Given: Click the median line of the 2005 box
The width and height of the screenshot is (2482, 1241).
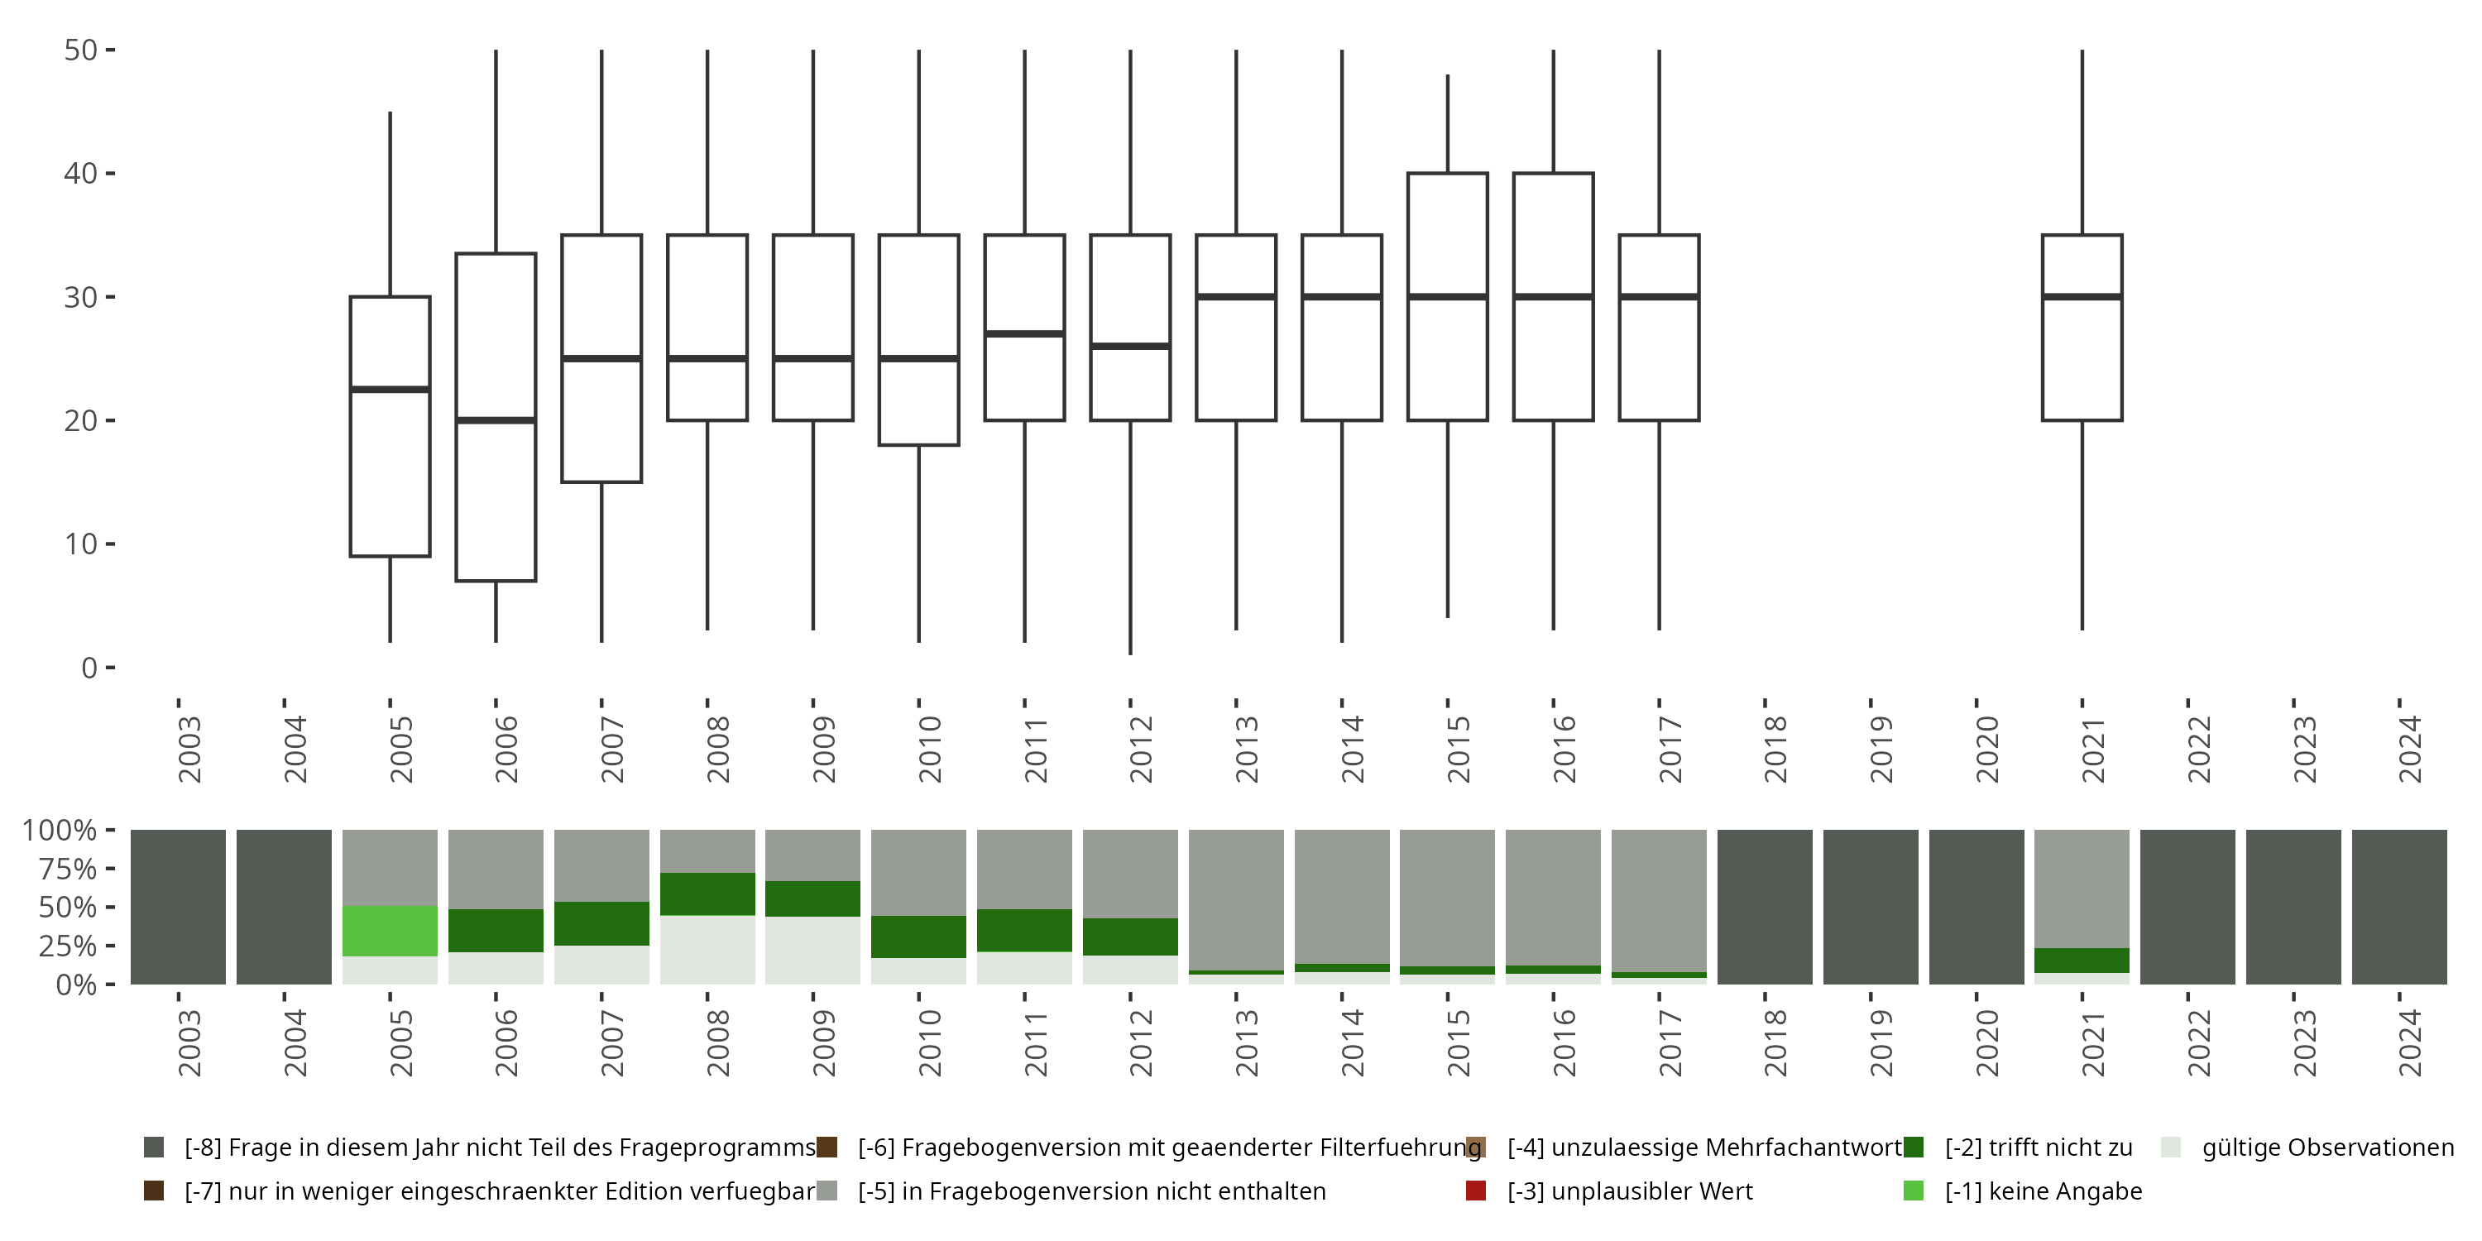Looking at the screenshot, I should point(391,389).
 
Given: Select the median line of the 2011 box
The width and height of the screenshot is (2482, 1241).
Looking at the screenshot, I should point(1024,333).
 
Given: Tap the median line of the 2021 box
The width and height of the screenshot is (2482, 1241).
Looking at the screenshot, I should point(2082,297).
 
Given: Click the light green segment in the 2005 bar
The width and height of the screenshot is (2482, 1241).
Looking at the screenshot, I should point(391,931).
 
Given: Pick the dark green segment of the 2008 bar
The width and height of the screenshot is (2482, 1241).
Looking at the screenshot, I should point(707,894).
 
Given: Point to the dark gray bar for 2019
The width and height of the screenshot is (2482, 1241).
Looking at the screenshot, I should point(1870,907).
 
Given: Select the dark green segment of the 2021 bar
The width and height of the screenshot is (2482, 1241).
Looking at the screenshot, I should point(2082,961).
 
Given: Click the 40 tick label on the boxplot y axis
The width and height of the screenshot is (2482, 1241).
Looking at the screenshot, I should point(81,174).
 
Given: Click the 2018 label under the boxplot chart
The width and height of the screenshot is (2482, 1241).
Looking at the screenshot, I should point(1775,750).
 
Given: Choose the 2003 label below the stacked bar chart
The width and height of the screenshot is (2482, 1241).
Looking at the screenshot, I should point(189,1043).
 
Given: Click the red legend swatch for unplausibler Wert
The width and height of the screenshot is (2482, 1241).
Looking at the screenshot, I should point(1475,1191).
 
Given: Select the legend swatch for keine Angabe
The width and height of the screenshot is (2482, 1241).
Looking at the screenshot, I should point(1914,1191).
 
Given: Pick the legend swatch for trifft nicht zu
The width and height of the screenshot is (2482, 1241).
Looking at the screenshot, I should point(1914,1148).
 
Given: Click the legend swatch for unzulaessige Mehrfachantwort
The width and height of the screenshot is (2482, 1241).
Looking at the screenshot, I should point(1475,1148).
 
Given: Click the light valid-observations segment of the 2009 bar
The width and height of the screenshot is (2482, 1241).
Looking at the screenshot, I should point(813,950).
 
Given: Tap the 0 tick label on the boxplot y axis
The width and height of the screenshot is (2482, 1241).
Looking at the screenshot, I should point(89,668).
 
